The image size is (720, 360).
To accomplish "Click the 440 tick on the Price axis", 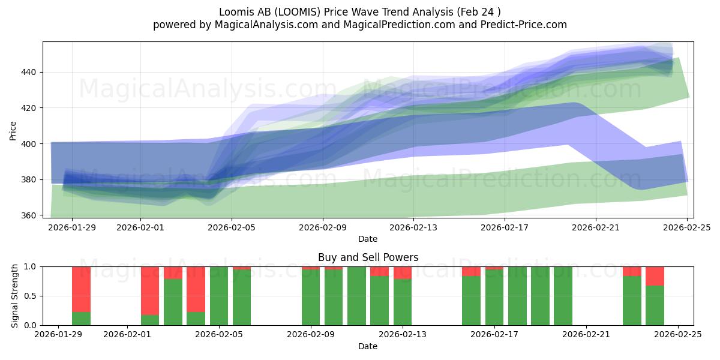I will [x=30, y=72].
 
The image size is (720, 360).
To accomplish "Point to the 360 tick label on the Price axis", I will [x=30, y=215].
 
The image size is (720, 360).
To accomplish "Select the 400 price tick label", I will [x=30, y=144].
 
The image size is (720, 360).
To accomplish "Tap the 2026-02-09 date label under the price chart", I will [x=323, y=227].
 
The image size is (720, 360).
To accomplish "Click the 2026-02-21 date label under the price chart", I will [x=596, y=227].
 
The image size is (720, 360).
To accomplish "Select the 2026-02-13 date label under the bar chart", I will [x=403, y=334].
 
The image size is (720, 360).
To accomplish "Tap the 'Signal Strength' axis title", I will [x=15, y=296].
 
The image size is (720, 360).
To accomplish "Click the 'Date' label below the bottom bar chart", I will [x=368, y=346].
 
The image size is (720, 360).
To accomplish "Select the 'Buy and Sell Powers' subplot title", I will [x=368, y=257].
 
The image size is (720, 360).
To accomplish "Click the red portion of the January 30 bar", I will [x=81, y=289].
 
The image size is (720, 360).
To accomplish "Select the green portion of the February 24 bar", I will [x=655, y=305].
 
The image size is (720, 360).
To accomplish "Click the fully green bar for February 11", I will [x=356, y=296].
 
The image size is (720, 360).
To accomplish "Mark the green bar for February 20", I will [x=563, y=296].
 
